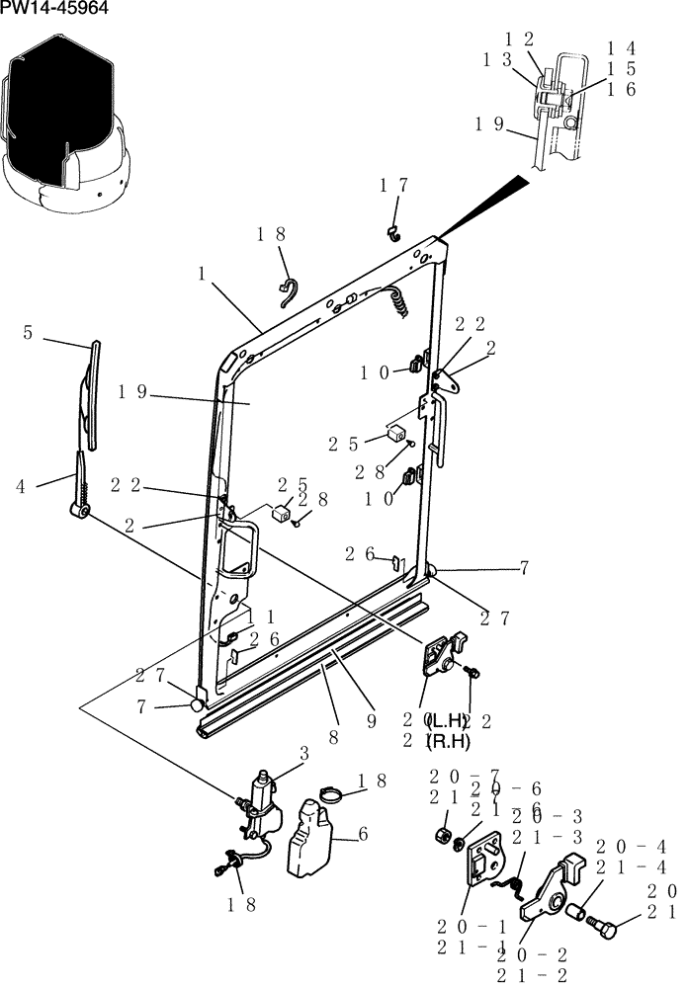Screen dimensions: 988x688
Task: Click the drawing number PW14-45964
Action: pyautogui.click(x=54, y=10)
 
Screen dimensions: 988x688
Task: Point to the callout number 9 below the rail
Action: pyautogui.click(x=372, y=721)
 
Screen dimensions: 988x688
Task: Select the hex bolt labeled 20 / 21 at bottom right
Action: pyautogui.click(x=600, y=927)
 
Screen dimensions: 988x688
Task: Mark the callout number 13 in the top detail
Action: pyautogui.click(x=496, y=60)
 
